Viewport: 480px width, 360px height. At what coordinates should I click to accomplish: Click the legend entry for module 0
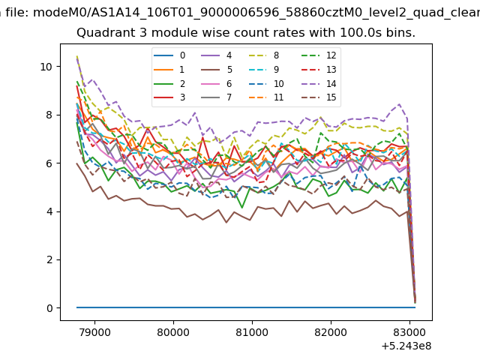169,55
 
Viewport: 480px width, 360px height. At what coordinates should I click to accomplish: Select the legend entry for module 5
217,70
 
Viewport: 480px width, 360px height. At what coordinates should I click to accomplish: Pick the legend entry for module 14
319,83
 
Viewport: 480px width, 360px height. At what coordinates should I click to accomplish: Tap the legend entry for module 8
263,55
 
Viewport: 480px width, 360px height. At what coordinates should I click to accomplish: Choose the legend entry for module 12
319,55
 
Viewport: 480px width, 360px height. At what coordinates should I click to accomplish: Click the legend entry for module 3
169,97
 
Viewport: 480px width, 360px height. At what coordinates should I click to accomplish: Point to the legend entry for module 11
265,97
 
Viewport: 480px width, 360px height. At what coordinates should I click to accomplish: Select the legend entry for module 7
217,97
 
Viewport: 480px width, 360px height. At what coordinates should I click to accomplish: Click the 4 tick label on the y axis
49,211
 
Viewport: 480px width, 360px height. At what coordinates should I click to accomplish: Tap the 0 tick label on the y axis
49,308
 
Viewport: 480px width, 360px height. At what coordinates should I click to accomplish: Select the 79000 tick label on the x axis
94,332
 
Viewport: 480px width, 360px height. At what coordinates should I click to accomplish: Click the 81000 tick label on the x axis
252,332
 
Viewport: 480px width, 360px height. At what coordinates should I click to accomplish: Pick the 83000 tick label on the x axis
409,332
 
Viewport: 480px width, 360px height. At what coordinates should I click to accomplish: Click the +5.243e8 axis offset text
406,346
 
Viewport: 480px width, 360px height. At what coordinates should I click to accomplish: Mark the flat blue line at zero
246,307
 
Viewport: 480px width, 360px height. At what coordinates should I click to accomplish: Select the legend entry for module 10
265,83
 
